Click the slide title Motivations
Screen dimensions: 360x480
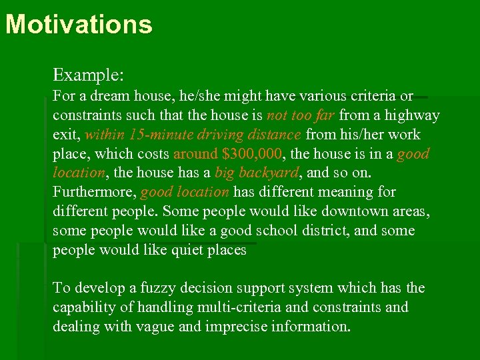coord(79,25)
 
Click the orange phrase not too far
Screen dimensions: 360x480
coord(300,115)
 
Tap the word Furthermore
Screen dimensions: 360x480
coord(95,193)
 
